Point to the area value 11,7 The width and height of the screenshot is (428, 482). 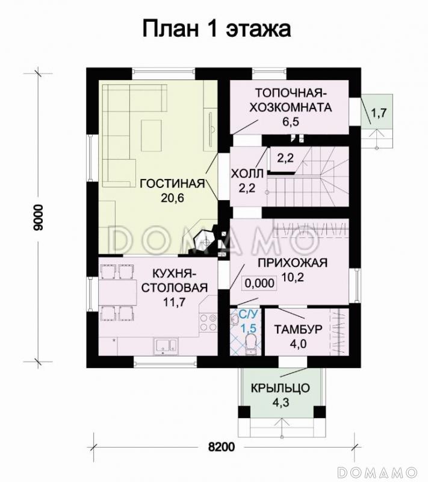pyautogui.click(x=173, y=302)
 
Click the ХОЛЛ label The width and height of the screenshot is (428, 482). pyautogui.click(x=247, y=174)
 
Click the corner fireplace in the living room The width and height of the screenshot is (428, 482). pyautogui.click(x=203, y=240)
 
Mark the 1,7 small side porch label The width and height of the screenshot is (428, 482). pyautogui.click(x=379, y=112)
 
